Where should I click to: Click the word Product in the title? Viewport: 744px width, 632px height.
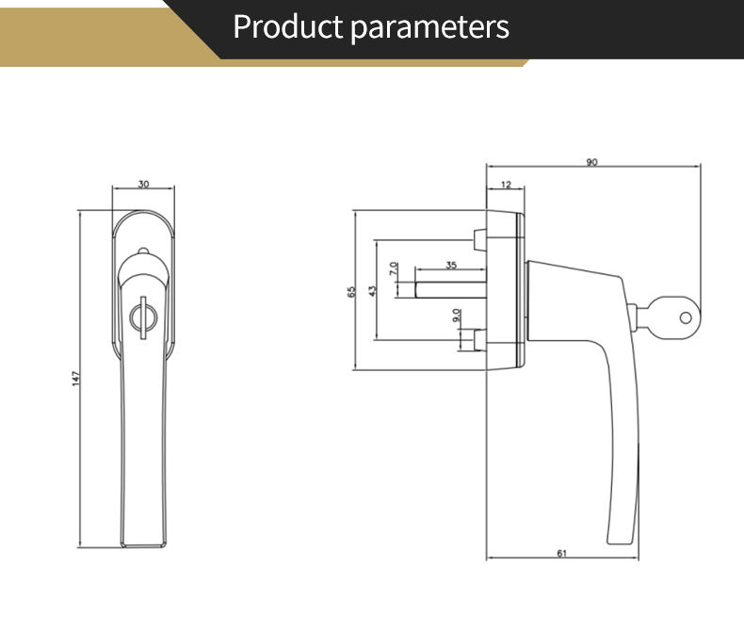(288, 27)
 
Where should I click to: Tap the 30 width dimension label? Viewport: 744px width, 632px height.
(143, 184)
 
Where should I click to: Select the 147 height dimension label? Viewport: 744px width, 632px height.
(76, 378)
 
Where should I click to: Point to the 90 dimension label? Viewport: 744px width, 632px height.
(591, 162)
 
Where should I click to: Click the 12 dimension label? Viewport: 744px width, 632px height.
(506, 185)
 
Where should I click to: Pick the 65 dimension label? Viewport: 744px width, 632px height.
(350, 291)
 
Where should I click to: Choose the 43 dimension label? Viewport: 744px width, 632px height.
(372, 291)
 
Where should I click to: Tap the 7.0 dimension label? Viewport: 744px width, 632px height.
(394, 268)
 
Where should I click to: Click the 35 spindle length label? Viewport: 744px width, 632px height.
(451, 266)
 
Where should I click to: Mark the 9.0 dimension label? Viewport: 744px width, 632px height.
(457, 316)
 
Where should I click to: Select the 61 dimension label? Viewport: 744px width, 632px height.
(561, 553)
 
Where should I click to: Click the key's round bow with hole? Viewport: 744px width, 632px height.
(685, 317)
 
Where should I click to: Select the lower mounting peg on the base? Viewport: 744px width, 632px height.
(479, 340)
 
